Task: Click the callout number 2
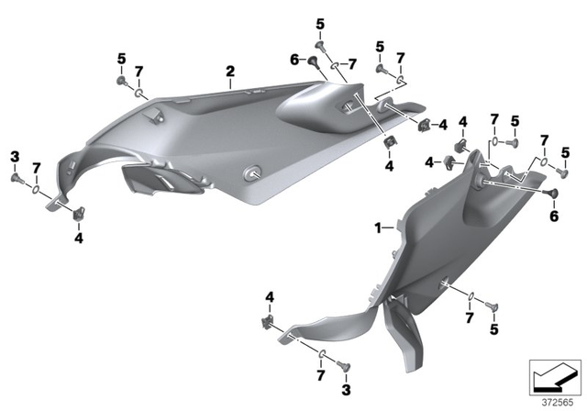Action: [231, 71]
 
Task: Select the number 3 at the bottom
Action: [346, 390]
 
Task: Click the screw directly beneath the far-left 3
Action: [16, 178]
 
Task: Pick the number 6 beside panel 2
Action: [294, 59]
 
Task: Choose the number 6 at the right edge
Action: [553, 216]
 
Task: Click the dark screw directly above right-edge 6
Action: [553, 194]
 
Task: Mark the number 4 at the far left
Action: [78, 238]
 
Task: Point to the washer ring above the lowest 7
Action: [324, 354]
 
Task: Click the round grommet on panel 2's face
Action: [251, 172]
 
